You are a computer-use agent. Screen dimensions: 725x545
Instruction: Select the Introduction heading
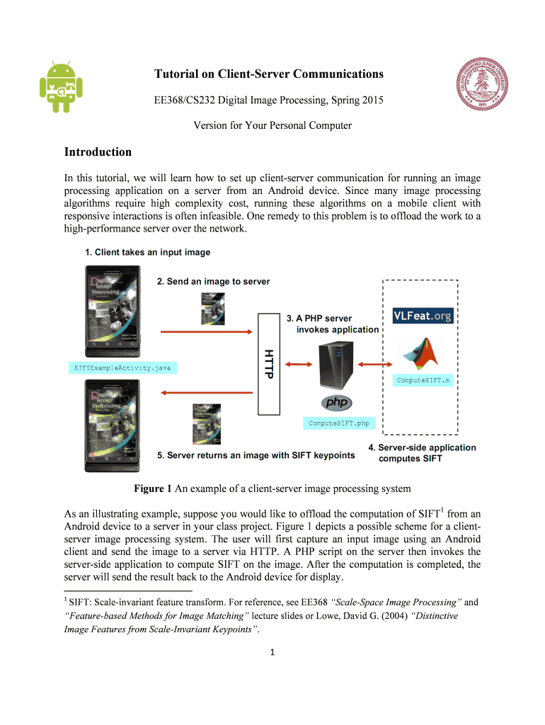(98, 152)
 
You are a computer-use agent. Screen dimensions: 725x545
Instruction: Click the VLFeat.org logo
(423, 315)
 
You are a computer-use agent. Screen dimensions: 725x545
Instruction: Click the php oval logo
(337, 404)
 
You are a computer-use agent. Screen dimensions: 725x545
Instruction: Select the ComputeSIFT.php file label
(338, 423)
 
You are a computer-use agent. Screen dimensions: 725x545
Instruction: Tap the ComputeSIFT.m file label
(423, 380)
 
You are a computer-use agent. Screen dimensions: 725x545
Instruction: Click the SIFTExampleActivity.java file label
(122, 367)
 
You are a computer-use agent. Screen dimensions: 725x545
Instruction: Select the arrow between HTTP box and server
(298, 365)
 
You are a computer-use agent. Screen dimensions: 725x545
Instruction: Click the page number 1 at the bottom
(272, 652)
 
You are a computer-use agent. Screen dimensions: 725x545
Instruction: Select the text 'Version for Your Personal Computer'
(272, 126)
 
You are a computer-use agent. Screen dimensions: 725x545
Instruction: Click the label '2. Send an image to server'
(213, 281)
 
